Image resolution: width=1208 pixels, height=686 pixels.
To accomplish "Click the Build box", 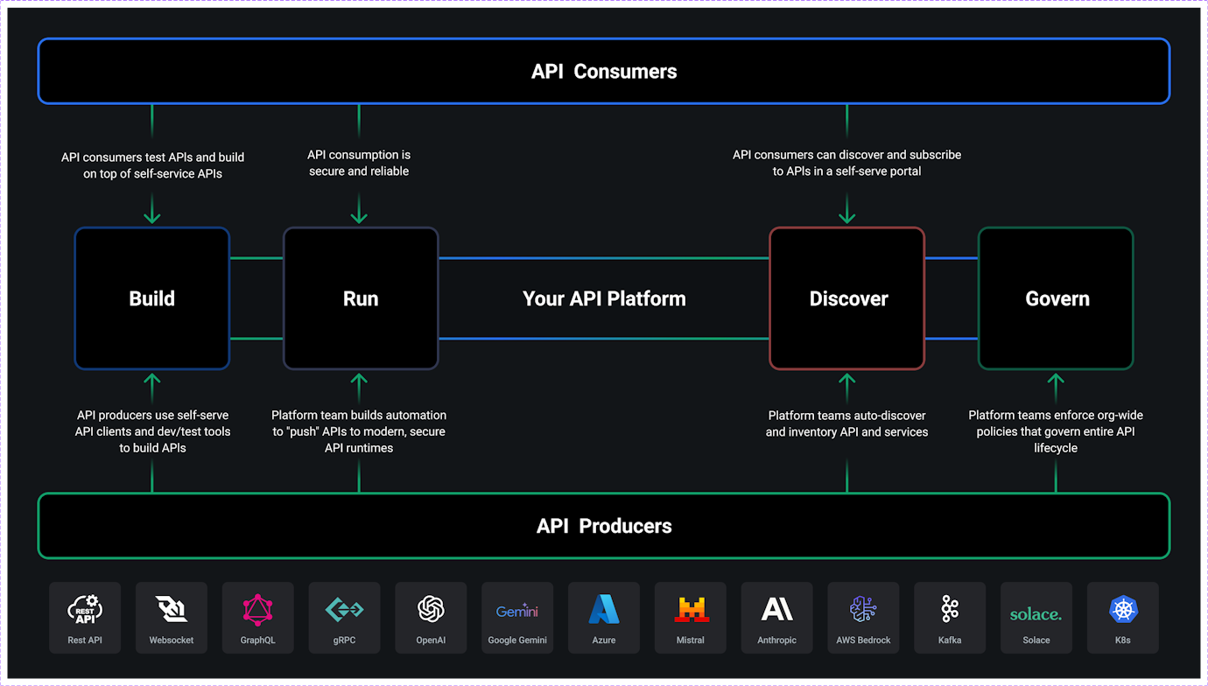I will (152, 298).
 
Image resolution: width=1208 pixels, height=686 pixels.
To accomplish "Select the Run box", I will (361, 298).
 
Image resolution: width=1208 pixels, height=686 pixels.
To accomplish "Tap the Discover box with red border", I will (847, 298).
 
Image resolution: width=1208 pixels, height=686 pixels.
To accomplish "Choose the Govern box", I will (1056, 298).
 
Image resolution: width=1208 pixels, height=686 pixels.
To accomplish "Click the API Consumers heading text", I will (604, 72).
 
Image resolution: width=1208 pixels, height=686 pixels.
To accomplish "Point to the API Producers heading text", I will (604, 526).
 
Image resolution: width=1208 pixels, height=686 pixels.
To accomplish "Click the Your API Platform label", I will (604, 298).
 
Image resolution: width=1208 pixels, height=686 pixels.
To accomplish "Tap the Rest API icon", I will (85, 609).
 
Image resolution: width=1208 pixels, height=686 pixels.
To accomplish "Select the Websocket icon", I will (172, 609).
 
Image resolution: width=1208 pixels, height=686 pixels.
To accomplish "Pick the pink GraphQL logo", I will (258, 609).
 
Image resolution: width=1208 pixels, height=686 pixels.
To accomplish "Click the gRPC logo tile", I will (345, 617).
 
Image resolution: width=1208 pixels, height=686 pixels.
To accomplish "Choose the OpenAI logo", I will (431, 609).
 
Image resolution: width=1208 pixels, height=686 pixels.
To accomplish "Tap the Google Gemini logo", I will (517, 611).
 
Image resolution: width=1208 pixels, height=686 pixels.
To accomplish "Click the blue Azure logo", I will (604, 609).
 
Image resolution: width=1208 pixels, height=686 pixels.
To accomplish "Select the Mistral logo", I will (691, 609).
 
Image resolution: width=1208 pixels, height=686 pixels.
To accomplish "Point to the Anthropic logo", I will (777, 609).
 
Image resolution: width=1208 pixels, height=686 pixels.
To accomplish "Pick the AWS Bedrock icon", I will (863, 609).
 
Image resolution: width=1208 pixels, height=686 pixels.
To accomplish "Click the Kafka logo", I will (950, 609).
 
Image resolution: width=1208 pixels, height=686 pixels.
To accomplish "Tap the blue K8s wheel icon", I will (1123, 609).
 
